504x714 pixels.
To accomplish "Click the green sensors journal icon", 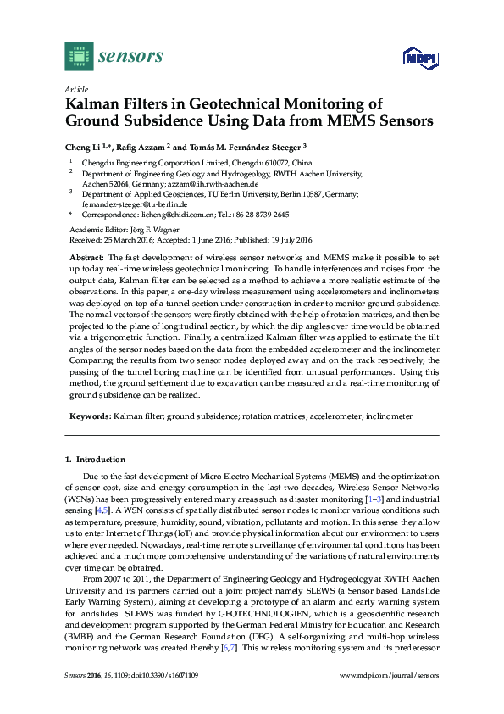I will pos(79,56).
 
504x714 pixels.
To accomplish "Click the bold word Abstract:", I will pos(86,256).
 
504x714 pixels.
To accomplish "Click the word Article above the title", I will pos(75,88).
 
